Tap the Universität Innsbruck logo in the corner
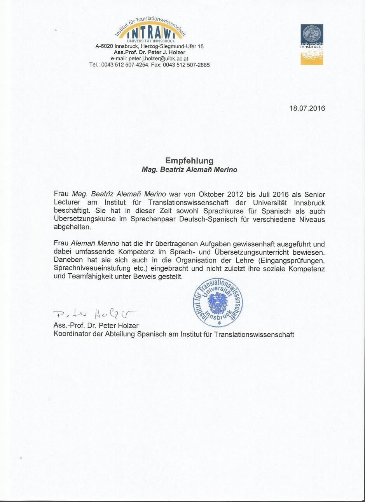click(x=312, y=44)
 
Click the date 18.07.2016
click(x=307, y=108)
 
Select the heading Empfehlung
click(x=189, y=161)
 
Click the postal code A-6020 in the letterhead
click(x=105, y=46)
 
